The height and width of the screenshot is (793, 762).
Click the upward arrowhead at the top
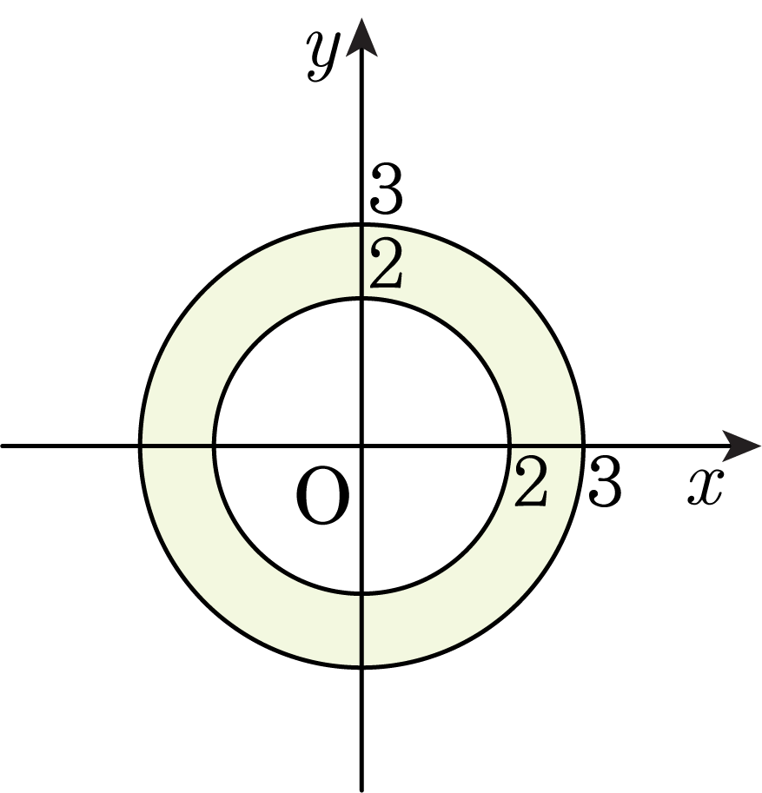(x=361, y=40)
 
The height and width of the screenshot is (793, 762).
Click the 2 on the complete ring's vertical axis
(x=386, y=265)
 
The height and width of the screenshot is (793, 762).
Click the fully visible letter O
(x=323, y=497)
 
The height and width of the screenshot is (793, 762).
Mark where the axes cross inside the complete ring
(x=361, y=446)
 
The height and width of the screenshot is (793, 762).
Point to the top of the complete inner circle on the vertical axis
(x=361, y=300)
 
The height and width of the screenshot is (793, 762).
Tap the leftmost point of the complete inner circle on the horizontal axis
(x=215, y=446)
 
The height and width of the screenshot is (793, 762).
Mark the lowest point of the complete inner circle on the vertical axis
(x=361, y=593)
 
